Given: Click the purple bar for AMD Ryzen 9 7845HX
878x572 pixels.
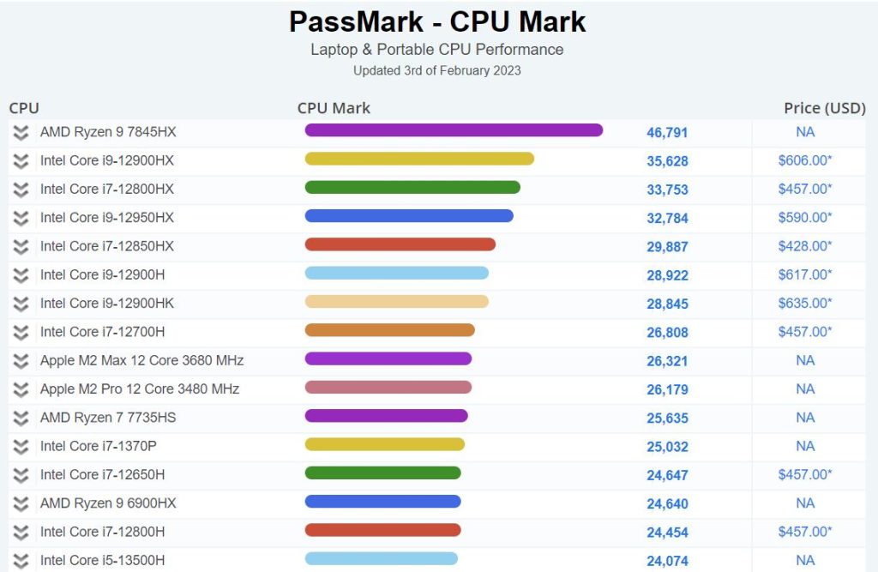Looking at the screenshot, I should tap(454, 130).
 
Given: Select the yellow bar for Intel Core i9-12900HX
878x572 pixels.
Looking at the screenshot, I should tap(419, 159).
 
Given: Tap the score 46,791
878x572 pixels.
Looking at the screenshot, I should tap(667, 133).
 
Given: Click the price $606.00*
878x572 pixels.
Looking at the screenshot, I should tap(804, 160).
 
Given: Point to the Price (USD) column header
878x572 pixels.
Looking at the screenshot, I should tap(824, 108).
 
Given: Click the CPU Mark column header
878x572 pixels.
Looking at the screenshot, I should tap(334, 108).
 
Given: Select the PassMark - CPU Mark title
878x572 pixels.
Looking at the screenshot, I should tap(437, 21).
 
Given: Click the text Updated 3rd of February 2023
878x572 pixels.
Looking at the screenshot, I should tap(437, 70).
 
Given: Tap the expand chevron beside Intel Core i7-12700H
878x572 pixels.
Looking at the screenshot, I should tap(21, 332).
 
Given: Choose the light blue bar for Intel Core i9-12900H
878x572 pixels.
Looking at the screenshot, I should tap(396, 273).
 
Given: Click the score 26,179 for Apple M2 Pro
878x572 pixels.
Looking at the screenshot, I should tap(667, 389).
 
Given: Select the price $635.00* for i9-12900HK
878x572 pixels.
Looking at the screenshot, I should tap(804, 303).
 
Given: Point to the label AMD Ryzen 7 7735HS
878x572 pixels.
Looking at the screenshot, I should tap(108, 418).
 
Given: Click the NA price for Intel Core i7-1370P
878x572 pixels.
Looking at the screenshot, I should tap(804, 446).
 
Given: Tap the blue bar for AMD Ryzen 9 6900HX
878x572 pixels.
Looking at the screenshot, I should tap(382, 502).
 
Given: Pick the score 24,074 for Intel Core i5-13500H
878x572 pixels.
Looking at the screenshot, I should tap(667, 561).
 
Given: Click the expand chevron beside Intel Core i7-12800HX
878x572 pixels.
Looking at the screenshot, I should tap(21, 189).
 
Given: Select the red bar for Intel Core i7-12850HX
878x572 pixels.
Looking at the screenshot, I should tap(400, 244).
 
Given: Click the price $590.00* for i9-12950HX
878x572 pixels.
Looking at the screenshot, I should tap(804, 217).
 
